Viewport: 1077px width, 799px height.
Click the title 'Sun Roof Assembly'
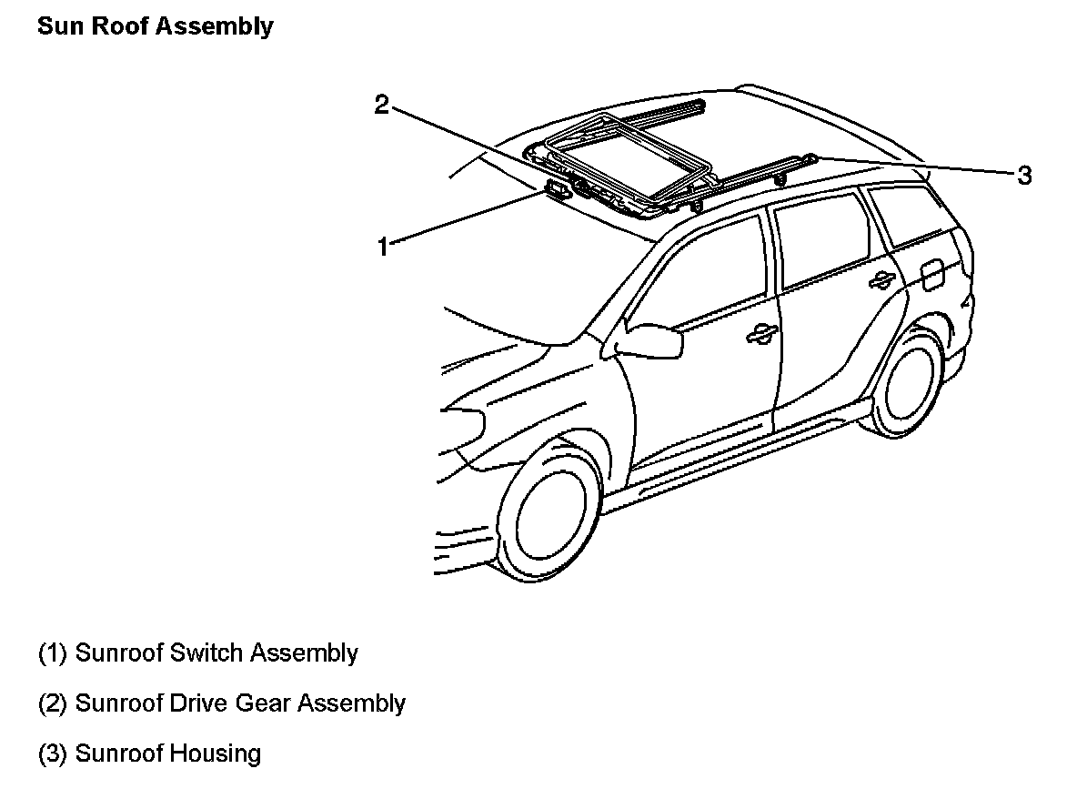click(x=155, y=26)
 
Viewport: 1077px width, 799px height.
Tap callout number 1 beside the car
click(x=383, y=246)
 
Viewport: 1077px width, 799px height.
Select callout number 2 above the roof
click(x=382, y=105)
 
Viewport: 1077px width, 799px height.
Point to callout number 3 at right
click(x=1024, y=176)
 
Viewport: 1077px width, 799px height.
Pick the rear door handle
click(x=880, y=281)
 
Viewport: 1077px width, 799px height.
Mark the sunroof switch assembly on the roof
click(x=557, y=188)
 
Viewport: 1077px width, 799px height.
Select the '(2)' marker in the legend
click(x=53, y=703)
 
